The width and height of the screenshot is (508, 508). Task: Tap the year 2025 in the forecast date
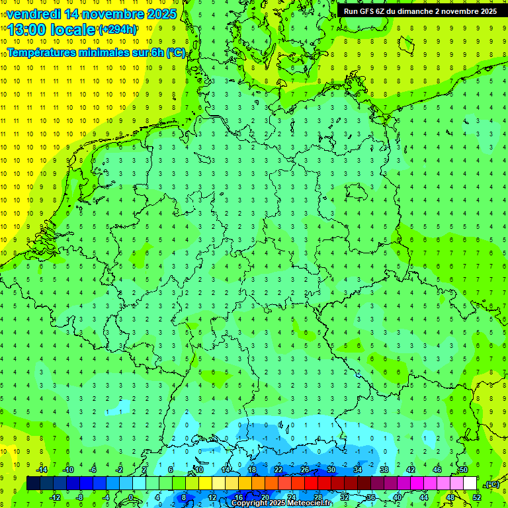pos(157,14)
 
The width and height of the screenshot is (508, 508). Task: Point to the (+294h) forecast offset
pos(118,30)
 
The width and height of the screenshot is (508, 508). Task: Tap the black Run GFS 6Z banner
pos(421,11)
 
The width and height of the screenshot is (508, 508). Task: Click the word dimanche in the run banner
pos(414,11)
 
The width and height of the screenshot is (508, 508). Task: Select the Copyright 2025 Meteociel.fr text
pos(281,503)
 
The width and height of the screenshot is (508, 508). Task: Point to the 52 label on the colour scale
pos(477,497)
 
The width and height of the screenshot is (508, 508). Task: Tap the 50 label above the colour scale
pos(463,470)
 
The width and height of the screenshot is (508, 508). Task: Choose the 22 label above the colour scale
pos(278,470)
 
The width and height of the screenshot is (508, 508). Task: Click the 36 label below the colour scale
pos(371,497)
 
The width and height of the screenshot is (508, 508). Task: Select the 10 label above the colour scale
pos(199,470)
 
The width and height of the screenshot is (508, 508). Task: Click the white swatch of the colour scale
pos(470,484)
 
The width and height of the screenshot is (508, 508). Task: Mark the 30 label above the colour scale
pos(331,470)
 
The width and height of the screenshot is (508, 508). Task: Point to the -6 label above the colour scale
pos(93,470)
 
